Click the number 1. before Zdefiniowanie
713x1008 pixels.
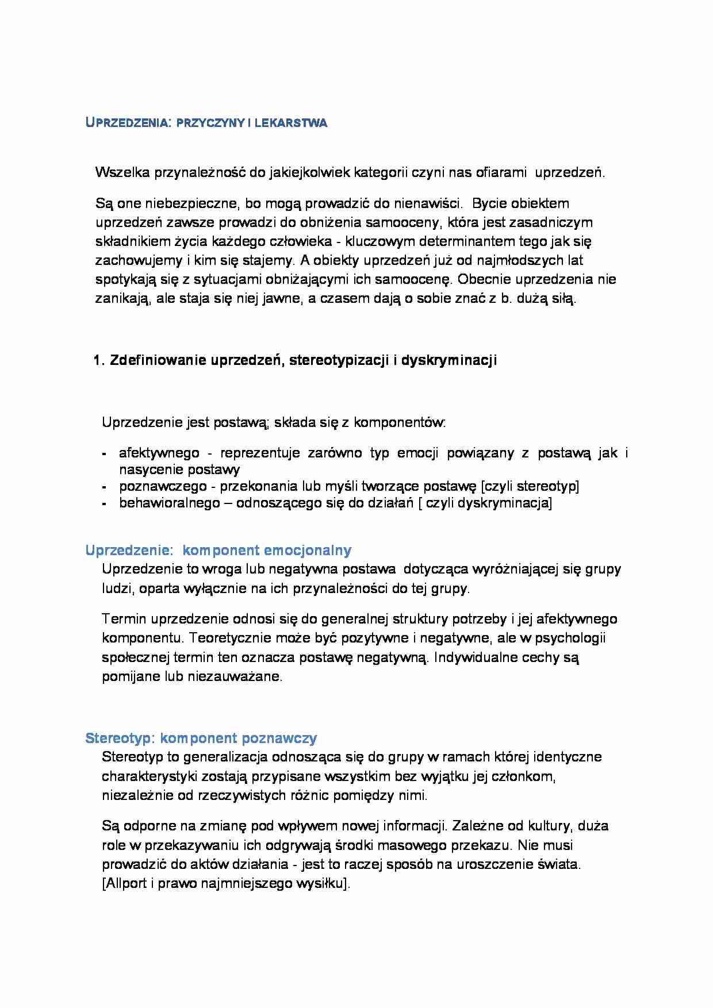(x=98, y=361)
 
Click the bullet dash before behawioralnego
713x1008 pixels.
(x=105, y=504)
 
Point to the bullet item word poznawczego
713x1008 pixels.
(x=163, y=487)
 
